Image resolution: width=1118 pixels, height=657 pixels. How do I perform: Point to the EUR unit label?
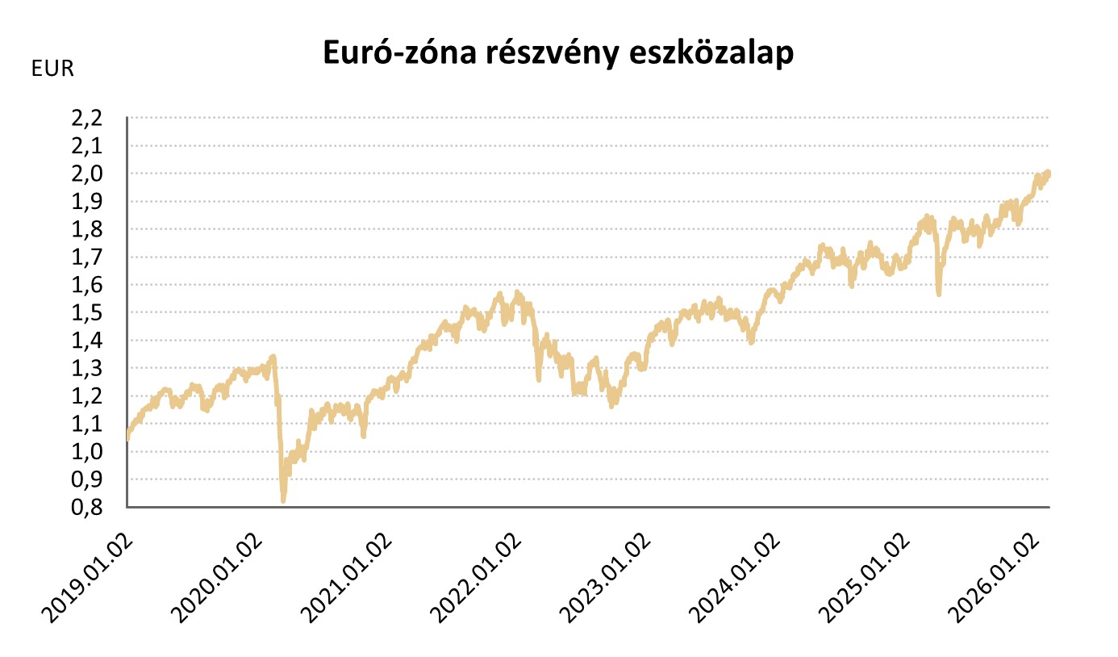52,69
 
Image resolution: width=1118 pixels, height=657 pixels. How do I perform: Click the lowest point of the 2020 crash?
283,500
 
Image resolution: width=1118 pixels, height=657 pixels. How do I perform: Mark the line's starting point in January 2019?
128,438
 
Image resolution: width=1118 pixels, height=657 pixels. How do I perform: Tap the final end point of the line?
1049,173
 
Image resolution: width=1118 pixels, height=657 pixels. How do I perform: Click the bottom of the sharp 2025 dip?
938,294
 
